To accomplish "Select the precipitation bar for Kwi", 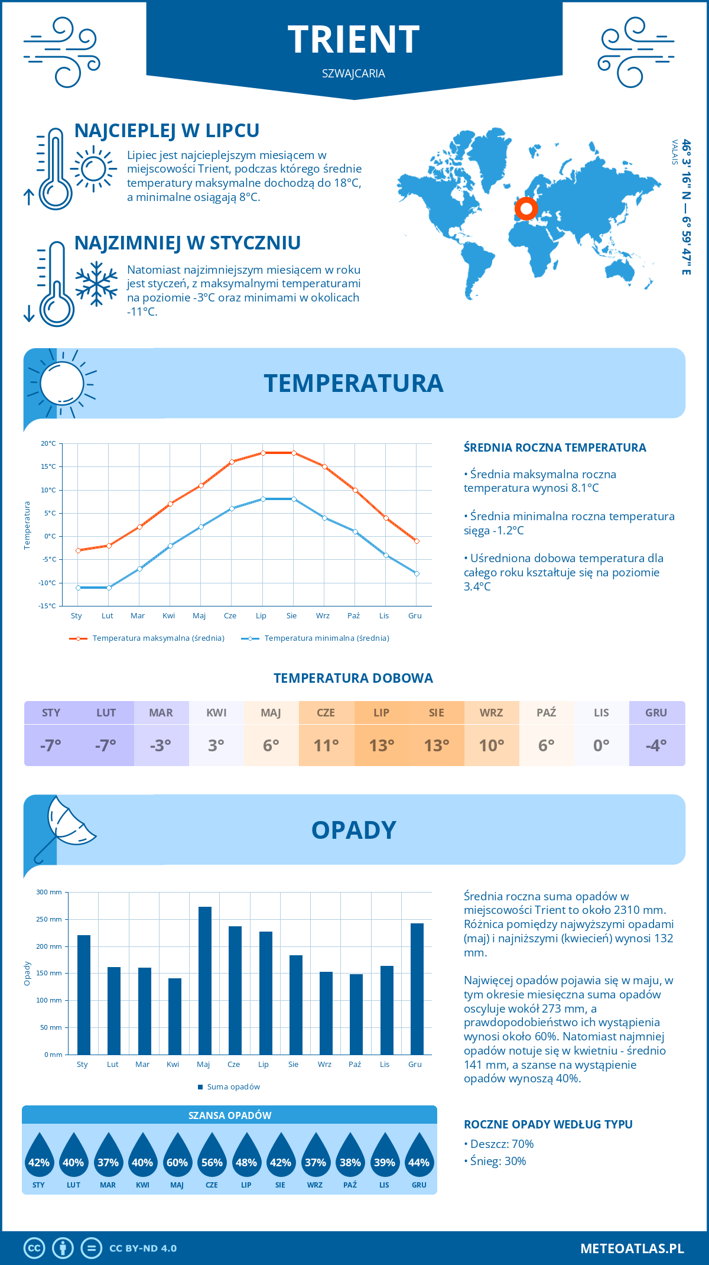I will (175, 1016).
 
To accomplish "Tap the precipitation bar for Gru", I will (417, 988).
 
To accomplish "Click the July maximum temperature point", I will (263, 453).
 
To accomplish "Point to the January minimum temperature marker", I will (78, 588).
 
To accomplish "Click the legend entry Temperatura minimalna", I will (316, 638).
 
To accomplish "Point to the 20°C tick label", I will (48, 443).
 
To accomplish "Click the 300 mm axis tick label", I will (50, 892).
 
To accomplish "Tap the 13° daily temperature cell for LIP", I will (382, 745).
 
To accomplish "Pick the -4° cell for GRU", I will (656, 745).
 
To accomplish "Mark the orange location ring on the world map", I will (526, 208).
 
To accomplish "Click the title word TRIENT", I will (354, 40).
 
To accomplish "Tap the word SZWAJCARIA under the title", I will (354, 73).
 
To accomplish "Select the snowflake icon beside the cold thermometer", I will (96, 284).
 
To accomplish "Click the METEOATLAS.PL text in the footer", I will (632, 1248).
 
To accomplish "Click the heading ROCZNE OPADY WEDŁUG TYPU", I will (548, 1124).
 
